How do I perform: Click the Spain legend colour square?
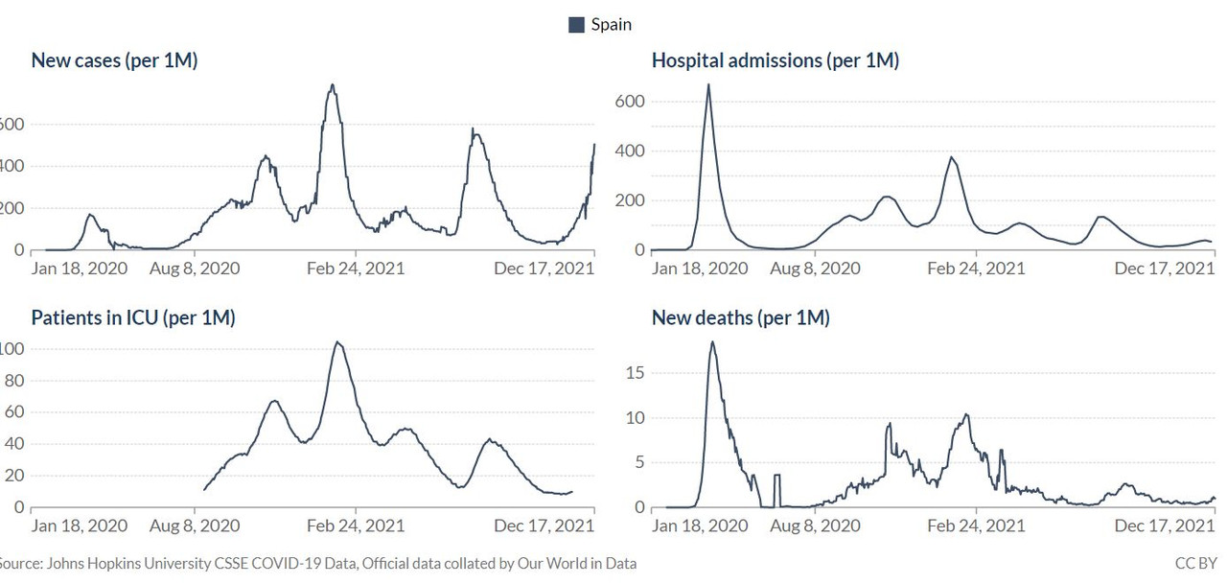click(577, 25)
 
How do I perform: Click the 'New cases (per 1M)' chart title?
click(114, 60)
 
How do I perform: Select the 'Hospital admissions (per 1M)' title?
click(775, 60)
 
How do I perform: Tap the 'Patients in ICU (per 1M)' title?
click(132, 317)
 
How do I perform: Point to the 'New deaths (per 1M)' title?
click(740, 317)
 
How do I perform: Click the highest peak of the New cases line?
click(332, 85)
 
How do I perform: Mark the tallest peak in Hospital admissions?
click(708, 84)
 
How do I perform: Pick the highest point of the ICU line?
click(336, 342)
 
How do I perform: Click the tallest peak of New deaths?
click(712, 342)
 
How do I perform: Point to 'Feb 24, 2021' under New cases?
click(356, 269)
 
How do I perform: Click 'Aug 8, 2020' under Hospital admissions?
click(815, 269)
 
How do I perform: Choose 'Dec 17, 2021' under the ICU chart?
click(544, 526)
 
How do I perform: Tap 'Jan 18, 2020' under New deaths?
click(699, 526)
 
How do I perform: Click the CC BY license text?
click(1195, 564)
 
